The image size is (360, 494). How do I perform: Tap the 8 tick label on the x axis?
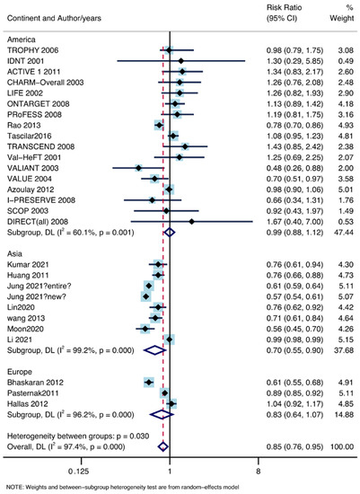pos(258,468)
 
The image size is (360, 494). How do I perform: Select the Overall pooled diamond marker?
pos(162,445)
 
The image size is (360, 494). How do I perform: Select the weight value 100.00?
pos(342,445)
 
